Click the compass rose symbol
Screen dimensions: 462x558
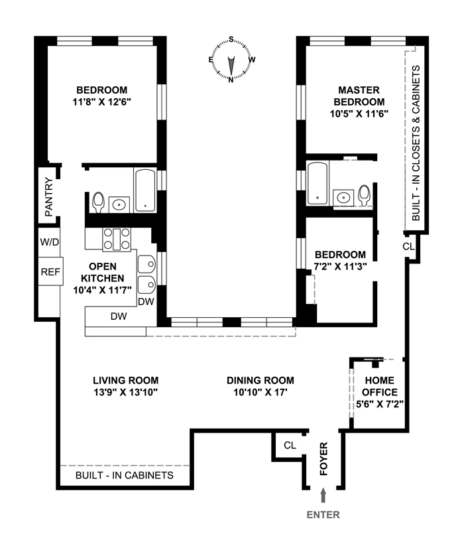(x=231, y=60)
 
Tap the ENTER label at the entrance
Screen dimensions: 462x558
(x=323, y=514)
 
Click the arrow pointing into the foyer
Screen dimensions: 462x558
(x=323, y=496)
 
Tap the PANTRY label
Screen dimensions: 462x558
(x=48, y=196)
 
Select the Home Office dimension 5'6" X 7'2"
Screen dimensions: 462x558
(x=378, y=402)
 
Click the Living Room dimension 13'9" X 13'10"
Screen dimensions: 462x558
(x=125, y=392)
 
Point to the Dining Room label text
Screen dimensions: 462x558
(x=260, y=380)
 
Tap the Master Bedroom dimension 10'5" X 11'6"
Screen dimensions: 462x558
(x=359, y=113)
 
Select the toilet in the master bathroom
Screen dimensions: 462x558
(x=364, y=195)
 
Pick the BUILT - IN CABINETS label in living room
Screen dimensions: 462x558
(x=125, y=475)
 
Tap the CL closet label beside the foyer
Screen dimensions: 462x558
(x=290, y=445)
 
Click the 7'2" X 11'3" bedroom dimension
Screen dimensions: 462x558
(x=340, y=266)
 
